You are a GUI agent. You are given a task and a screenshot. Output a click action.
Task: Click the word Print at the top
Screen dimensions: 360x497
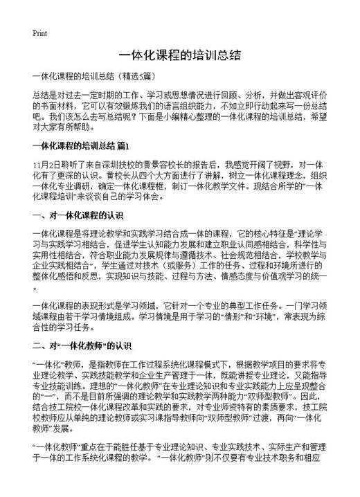39,33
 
